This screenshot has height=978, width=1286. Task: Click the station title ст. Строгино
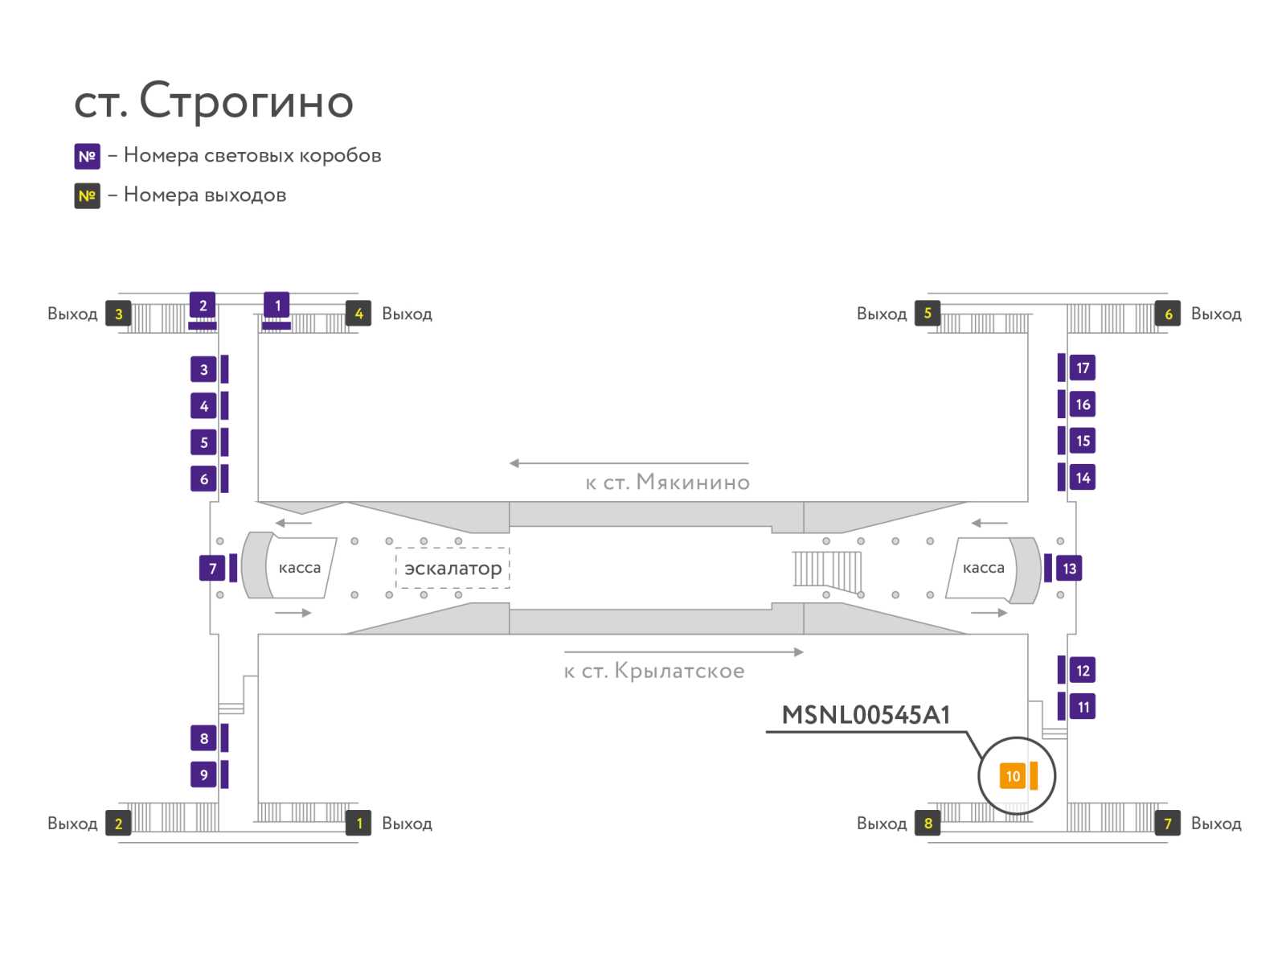214,101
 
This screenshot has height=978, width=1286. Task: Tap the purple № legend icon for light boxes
87,156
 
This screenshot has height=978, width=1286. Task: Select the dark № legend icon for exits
87,195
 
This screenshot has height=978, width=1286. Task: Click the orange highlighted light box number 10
1013,776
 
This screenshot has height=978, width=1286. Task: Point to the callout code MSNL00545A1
866,715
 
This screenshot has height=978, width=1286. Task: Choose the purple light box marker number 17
1083,368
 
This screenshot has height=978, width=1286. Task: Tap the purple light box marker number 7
212,569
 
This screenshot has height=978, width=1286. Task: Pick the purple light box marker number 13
1069,569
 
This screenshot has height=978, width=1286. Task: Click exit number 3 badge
118,314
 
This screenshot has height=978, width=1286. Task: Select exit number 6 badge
1168,314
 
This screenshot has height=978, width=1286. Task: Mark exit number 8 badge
928,823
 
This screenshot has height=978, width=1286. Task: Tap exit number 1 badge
358,823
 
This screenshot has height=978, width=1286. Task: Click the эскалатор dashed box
453,569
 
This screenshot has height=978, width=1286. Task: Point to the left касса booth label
299,568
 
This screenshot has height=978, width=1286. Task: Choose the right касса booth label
983,568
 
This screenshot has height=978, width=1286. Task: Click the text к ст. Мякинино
667,483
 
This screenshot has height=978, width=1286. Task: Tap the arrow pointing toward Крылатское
683,652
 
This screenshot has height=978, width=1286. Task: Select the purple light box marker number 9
203,775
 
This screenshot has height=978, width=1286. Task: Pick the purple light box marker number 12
1083,671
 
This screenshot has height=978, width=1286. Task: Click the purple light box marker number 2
203,306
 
